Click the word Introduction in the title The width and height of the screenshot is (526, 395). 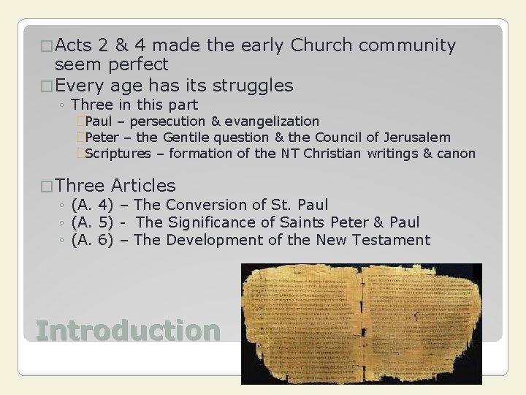[x=127, y=330]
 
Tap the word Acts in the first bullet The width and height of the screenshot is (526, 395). [x=72, y=46]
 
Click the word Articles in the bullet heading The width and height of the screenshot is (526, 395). [x=144, y=186]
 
